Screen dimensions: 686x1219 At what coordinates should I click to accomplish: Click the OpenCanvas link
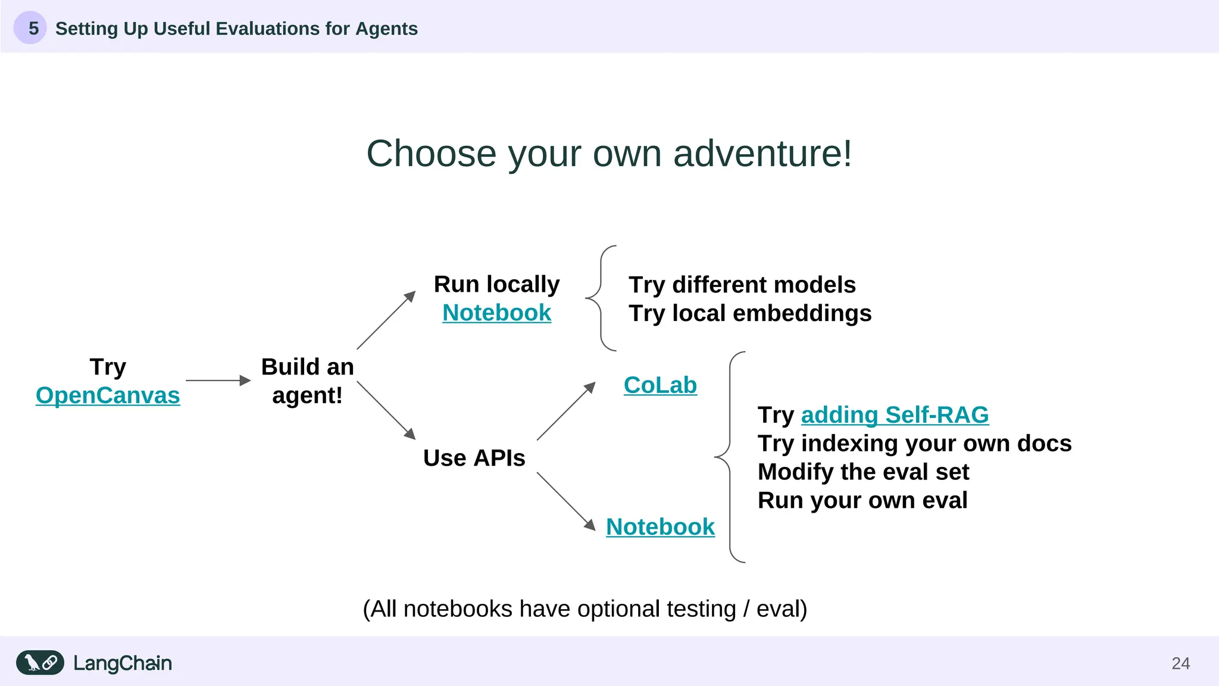108,395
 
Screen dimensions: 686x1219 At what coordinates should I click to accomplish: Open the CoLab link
660,385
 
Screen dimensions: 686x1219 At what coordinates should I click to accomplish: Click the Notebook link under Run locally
496,313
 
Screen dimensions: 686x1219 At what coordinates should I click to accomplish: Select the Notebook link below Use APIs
660,527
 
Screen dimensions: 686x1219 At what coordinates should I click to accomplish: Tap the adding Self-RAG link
895,415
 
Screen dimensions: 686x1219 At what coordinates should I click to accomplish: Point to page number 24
1180,663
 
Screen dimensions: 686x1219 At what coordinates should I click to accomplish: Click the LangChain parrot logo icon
40,663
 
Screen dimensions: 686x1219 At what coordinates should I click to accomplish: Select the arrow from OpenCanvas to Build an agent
218,381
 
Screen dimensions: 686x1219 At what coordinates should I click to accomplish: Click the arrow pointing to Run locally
386,320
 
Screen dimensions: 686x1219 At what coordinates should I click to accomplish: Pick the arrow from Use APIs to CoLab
565,411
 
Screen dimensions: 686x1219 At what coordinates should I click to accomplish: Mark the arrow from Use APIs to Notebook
565,501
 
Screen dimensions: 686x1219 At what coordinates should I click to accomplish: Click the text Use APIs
474,458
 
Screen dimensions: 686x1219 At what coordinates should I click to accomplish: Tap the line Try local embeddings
750,313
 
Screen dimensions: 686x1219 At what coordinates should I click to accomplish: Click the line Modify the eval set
863,472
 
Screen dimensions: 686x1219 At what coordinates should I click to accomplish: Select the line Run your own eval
862,500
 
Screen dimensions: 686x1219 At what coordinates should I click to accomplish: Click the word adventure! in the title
762,154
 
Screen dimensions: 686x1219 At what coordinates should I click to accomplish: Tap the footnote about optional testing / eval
585,609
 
